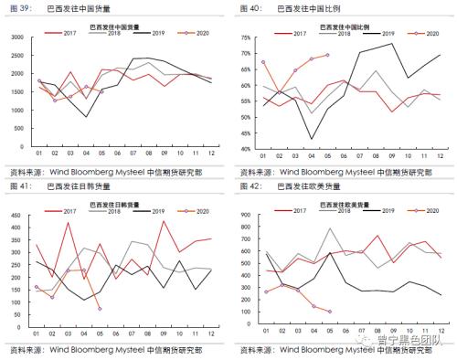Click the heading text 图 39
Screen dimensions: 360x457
[x=20, y=7]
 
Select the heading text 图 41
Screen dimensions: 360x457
[x=20, y=185]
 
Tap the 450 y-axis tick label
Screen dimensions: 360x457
[x=16, y=214]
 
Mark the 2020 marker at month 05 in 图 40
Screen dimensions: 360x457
[x=327, y=55]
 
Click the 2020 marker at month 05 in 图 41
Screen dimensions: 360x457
[x=100, y=309]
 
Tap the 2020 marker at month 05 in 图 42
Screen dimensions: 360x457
[x=329, y=311]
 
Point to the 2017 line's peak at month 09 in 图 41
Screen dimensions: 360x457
[x=164, y=221]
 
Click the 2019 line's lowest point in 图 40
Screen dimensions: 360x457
[x=312, y=139]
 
